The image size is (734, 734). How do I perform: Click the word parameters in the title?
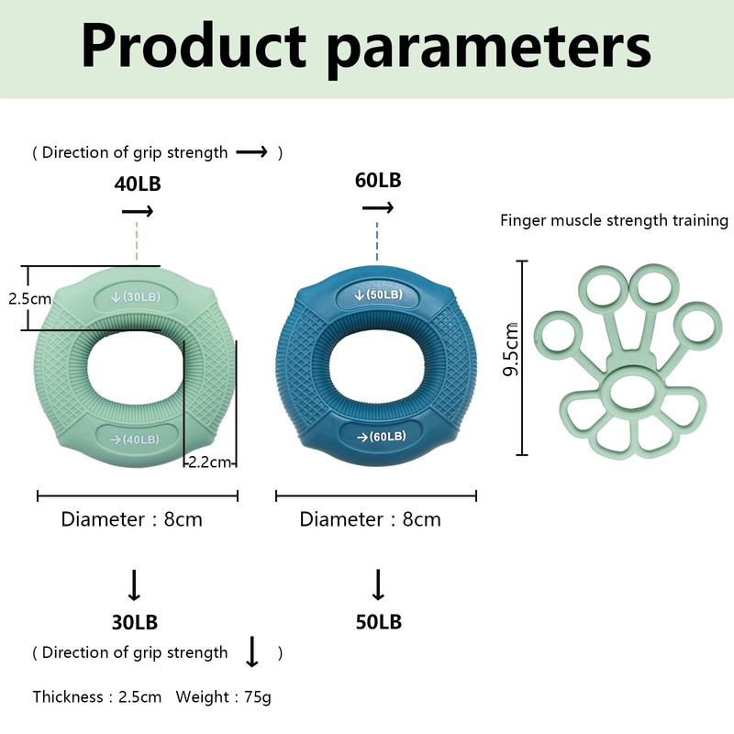489,50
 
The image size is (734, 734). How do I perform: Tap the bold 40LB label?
138,184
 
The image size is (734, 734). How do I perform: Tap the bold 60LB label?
378,180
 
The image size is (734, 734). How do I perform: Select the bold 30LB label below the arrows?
135,622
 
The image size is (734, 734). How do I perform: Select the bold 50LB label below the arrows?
379,622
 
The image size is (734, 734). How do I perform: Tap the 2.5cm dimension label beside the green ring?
30,299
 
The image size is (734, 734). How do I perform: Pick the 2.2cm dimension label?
210,462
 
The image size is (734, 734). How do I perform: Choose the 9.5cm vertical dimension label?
511,350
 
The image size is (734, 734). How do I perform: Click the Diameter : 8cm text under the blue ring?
371,519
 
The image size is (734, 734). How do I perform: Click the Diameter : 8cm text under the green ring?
131,519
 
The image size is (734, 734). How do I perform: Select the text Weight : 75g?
223,697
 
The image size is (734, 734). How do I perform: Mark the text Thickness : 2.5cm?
97,696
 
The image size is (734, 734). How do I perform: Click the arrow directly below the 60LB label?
378,207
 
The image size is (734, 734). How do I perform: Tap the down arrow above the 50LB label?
378,584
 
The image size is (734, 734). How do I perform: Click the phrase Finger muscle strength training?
614,220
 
